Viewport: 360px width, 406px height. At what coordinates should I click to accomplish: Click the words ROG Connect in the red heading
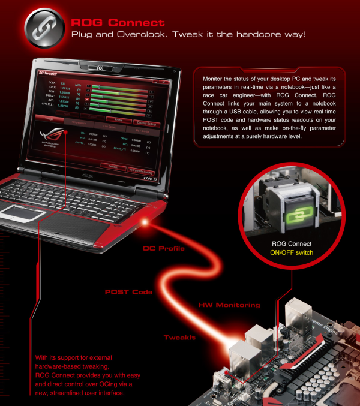click(118, 23)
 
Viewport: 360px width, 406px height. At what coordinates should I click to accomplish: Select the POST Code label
click(128, 292)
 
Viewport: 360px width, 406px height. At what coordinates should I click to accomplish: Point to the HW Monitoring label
click(229, 305)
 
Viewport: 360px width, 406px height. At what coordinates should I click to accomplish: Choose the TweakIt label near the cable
click(179, 338)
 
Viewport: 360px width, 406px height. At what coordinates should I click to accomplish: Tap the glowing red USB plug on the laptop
click(144, 222)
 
